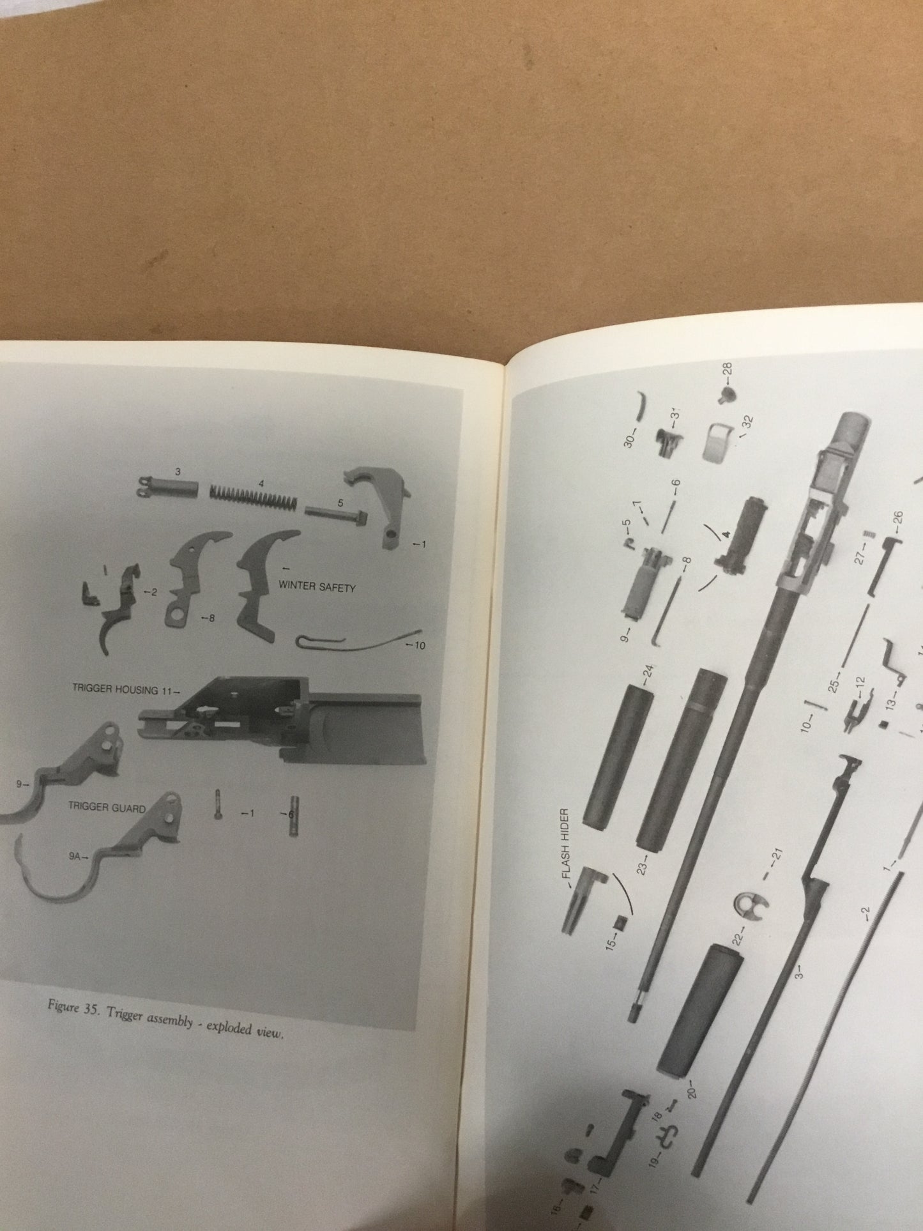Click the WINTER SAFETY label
click(317, 587)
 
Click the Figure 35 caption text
click(165, 1024)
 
